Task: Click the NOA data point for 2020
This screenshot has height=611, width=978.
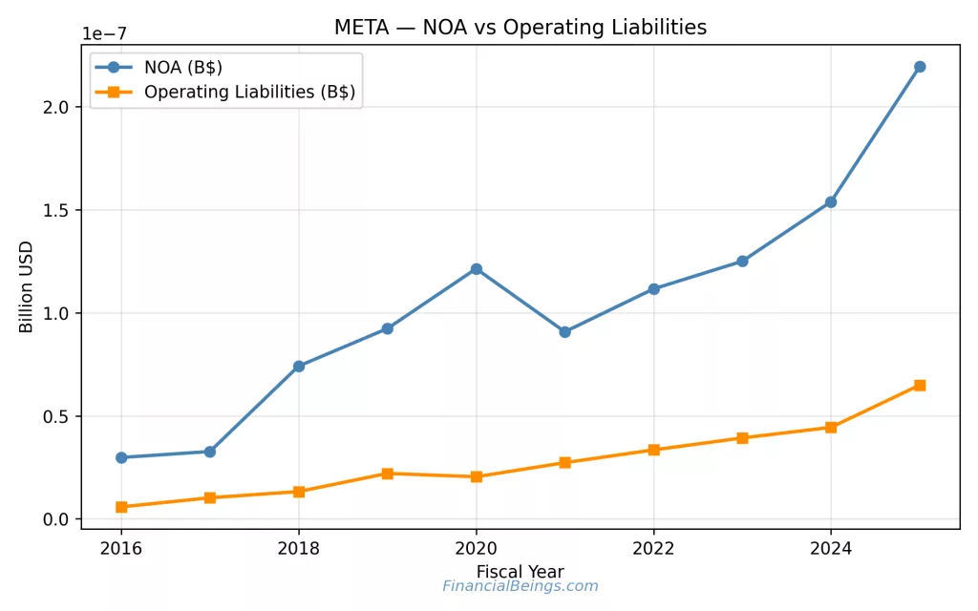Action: [476, 269]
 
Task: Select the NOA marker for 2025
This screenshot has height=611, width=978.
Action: [920, 67]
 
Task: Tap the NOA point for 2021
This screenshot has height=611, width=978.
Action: [564, 332]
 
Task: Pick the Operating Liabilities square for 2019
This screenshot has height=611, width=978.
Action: [387, 474]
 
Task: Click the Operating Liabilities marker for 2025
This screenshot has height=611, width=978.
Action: [920, 385]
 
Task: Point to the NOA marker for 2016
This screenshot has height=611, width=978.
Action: [121, 457]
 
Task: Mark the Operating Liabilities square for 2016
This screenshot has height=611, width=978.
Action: [121, 507]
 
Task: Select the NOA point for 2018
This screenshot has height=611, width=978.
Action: [299, 366]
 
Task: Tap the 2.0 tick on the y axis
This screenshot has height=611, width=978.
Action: [57, 107]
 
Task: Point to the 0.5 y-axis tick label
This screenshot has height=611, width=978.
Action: [57, 416]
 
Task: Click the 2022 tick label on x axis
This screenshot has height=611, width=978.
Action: [653, 549]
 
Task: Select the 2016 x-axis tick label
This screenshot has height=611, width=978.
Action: [121, 549]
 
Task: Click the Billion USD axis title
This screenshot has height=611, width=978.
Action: [27, 285]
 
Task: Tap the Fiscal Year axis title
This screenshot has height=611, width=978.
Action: [520, 572]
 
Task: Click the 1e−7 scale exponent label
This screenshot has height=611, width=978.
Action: [104, 34]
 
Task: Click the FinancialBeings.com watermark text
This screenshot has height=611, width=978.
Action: [520, 586]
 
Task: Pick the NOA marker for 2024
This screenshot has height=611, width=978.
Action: [831, 202]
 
